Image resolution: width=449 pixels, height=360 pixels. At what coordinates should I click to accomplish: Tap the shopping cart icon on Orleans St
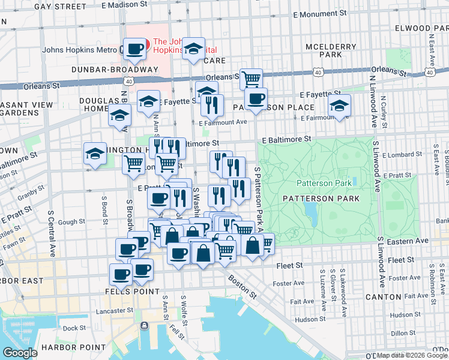[251, 79]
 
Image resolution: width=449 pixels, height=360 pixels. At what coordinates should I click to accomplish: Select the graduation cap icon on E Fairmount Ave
[340, 106]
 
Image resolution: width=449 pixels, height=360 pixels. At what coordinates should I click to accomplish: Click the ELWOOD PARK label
[421, 28]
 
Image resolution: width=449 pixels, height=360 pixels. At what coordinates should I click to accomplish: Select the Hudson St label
[310, 319]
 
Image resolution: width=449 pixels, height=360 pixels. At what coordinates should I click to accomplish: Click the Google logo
[20, 353]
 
